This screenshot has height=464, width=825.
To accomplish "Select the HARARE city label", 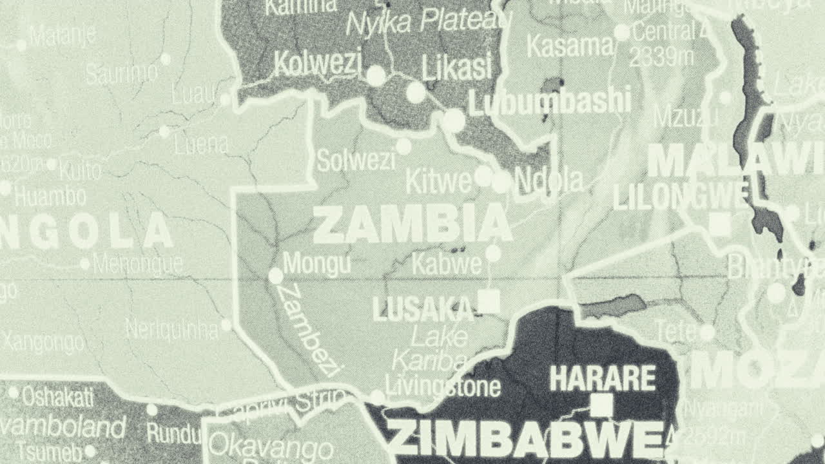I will (602, 378).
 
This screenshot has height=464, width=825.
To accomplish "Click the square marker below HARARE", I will (602, 405).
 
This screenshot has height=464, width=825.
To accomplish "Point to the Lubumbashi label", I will (549, 102).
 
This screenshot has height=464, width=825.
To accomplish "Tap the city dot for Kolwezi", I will (376, 76).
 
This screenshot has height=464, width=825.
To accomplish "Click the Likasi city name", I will (456, 66).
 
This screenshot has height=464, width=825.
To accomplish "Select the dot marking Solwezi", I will (403, 147).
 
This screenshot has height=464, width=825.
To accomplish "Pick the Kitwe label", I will (438, 182).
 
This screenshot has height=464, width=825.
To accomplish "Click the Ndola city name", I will (549, 181).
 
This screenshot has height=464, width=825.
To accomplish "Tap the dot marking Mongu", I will (276, 276).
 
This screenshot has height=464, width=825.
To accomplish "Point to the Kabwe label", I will (446, 264).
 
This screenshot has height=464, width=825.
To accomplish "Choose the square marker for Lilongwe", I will (720, 224).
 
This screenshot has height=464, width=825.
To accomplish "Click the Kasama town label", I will (570, 46).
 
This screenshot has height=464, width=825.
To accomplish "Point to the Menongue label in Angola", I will (138, 264).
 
